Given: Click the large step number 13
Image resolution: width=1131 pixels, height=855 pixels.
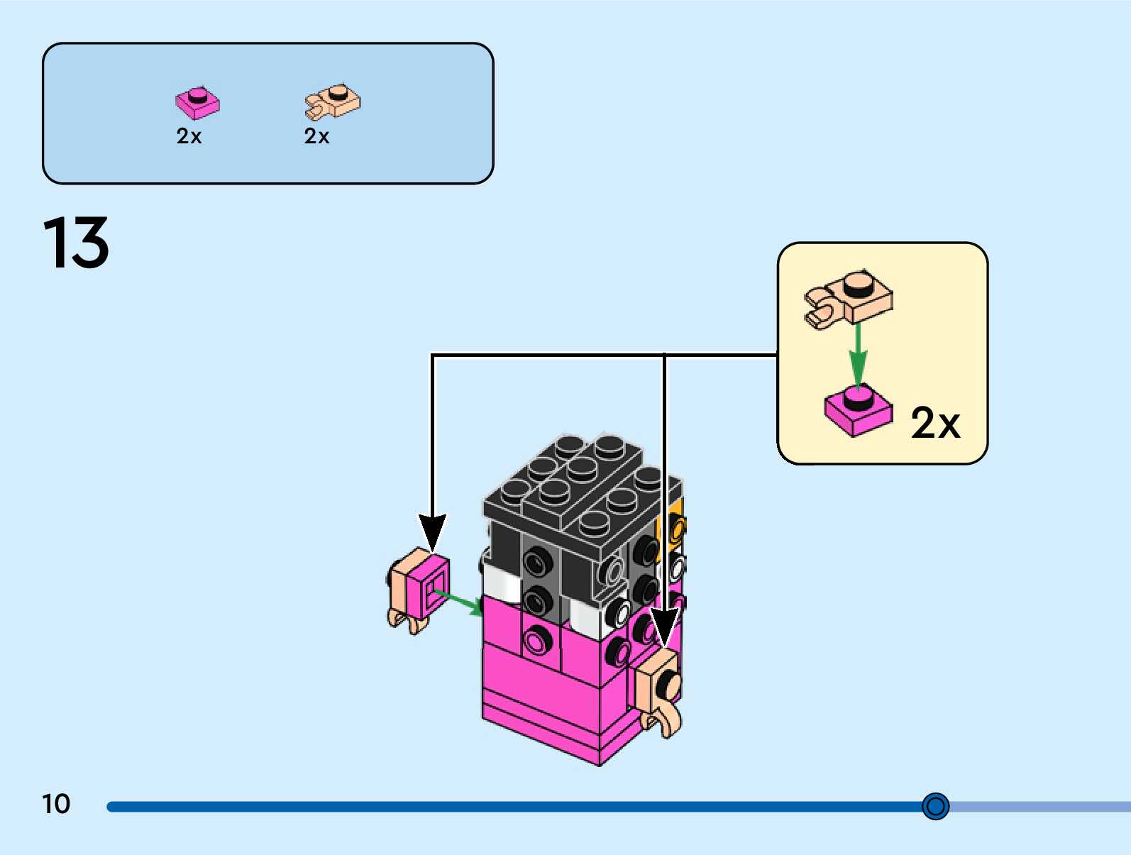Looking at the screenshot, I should [x=76, y=243].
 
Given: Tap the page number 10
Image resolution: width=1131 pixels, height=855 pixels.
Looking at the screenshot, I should [x=56, y=804].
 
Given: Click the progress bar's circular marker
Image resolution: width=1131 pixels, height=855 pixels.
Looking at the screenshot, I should [x=935, y=806].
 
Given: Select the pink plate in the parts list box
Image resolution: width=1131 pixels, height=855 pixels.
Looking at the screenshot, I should [x=197, y=102].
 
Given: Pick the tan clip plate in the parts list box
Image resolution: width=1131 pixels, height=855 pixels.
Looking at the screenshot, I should [x=333, y=101].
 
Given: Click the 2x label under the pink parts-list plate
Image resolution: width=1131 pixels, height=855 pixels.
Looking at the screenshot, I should [x=189, y=136].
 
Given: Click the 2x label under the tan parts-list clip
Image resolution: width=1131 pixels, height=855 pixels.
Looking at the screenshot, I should [x=316, y=136].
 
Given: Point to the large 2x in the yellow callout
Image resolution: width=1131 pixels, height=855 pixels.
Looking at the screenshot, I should [x=934, y=424].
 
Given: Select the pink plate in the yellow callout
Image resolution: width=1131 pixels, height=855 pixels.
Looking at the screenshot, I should [x=857, y=411].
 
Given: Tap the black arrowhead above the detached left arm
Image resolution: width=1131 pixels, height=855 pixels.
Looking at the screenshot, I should [x=432, y=531].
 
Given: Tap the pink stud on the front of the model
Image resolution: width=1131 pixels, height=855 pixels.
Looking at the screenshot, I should [x=537, y=641].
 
